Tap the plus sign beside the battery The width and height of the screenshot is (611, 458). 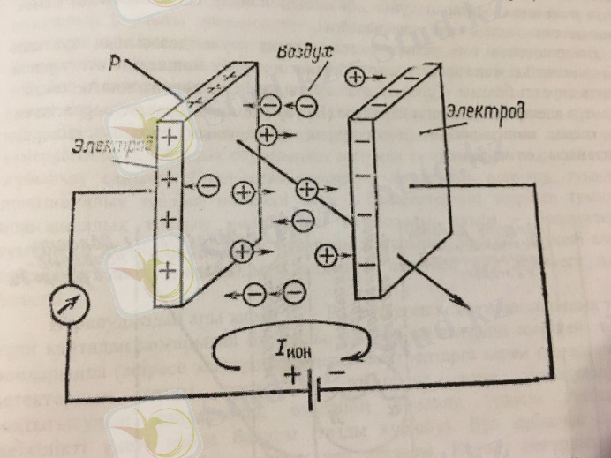tap(290, 374)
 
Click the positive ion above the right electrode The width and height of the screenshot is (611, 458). tap(356, 77)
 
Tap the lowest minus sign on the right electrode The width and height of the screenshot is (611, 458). tap(362, 263)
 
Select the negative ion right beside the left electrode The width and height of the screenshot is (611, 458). tap(207, 185)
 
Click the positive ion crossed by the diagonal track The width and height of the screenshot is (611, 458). tap(306, 188)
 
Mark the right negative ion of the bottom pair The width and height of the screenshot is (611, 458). tap(292, 291)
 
